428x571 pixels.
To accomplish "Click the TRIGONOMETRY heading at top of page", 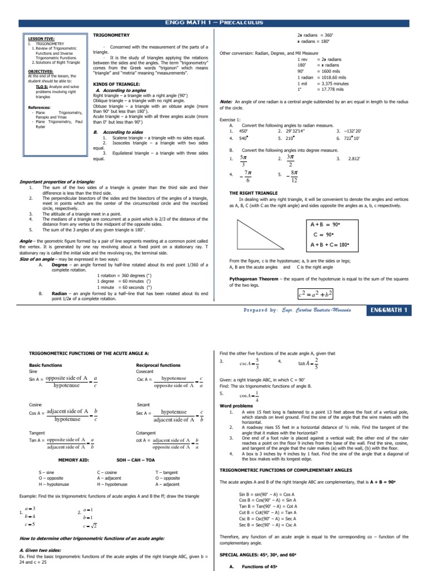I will click(110, 35).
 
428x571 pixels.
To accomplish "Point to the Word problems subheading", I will click(237, 406).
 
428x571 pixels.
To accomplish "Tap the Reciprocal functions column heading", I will click(158, 365).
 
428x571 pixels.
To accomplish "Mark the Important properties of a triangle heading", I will click(57, 181).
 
